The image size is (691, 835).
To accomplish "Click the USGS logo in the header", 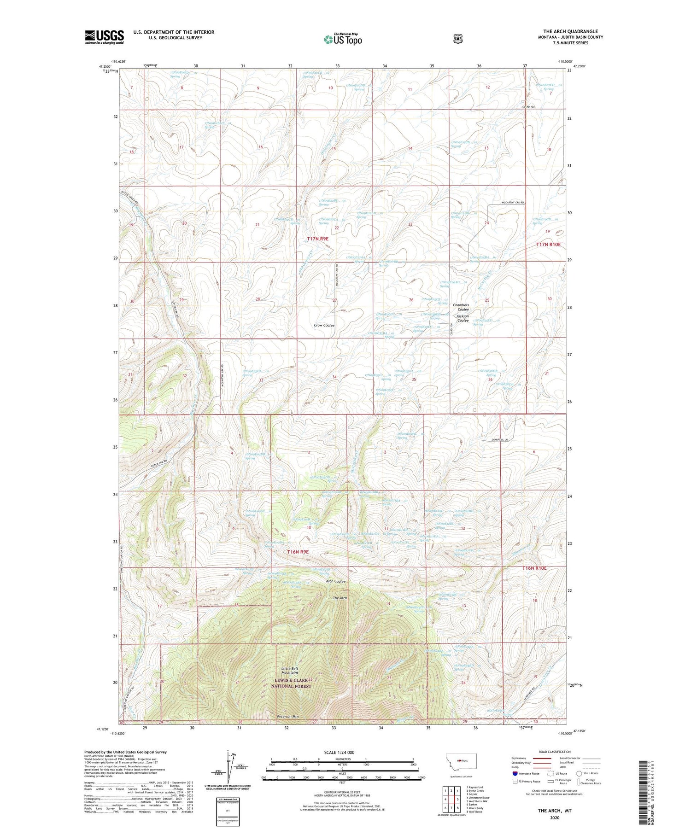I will (104, 37).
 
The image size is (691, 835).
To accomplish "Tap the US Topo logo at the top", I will (343, 39).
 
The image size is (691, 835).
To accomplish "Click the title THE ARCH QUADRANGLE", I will (570, 31).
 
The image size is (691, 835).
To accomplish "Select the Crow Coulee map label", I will (324, 325).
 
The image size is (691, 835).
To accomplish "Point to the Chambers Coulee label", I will (461, 307).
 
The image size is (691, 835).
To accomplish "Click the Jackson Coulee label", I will (462, 318).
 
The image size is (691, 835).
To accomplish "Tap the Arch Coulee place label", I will (335, 581).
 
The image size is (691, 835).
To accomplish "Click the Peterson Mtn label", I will (288, 716).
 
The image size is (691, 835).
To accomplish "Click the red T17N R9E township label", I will (318, 239).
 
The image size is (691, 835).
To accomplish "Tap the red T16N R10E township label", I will (534, 568).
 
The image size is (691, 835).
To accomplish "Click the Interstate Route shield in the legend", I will (515, 774).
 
